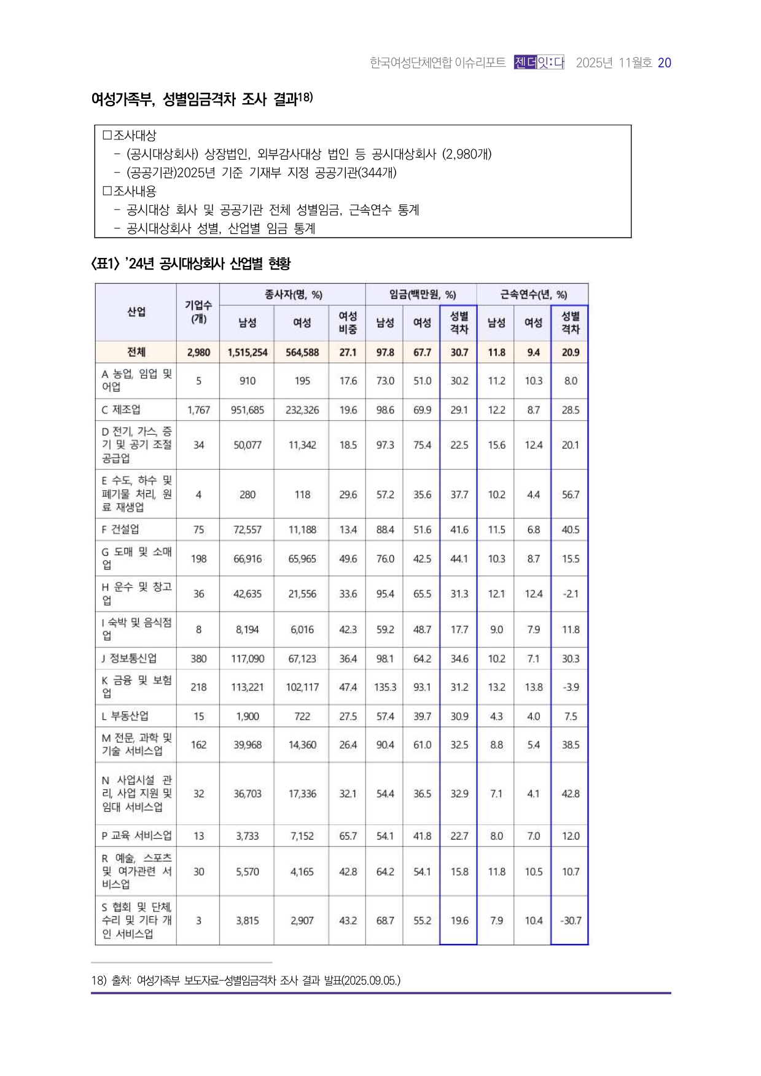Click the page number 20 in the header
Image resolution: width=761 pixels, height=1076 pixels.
coord(664,63)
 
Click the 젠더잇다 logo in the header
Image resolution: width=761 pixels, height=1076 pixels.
coord(539,63)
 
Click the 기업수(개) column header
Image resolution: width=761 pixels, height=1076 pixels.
coord(198,312)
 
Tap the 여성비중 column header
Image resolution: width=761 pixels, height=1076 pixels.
coord(348,322)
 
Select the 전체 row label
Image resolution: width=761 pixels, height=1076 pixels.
coord(136,352)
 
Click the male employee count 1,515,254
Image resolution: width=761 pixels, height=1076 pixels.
coord(247,353)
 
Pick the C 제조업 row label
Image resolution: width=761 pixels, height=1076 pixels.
coord(122,410)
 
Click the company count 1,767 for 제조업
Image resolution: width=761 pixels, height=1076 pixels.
coord(198,410)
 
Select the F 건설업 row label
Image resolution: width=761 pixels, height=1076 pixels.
coord(121,529)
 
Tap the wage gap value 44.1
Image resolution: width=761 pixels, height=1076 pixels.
coord(459,559)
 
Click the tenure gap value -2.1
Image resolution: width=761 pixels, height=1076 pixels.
coord(570,594)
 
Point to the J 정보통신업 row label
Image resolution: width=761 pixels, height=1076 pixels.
coord(130,658)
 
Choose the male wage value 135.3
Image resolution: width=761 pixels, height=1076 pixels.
coord(385,687)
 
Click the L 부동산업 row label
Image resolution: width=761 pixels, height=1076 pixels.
coord(125,716)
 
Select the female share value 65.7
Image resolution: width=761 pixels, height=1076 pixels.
coord(348,836)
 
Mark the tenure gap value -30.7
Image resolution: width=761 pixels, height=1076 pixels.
coord(570,921)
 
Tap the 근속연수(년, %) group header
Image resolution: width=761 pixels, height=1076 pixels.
coord(533,295)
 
